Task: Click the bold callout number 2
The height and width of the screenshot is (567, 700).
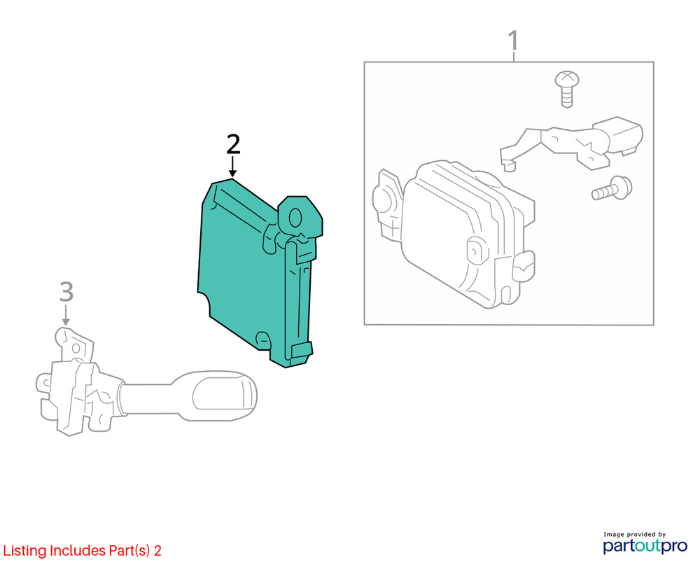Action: point(233,144)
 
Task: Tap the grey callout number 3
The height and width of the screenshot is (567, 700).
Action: point(66,292)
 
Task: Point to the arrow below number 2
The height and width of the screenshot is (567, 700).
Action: point(232,167)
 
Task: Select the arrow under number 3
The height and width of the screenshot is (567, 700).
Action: point(66,315)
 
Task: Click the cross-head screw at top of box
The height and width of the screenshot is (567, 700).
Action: point(567,88)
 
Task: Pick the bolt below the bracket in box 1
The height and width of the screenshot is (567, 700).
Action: point(612,188)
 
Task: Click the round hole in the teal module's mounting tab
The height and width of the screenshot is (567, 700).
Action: point(295,218)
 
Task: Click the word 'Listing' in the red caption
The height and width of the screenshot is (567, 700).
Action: point(25,551)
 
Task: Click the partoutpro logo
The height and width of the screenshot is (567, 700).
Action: point(645,545)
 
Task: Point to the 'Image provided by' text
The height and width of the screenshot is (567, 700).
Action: point(634,534)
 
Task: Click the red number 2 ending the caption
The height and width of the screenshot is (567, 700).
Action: point(157,550)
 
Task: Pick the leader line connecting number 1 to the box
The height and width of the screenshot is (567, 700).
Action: point(514,57)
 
